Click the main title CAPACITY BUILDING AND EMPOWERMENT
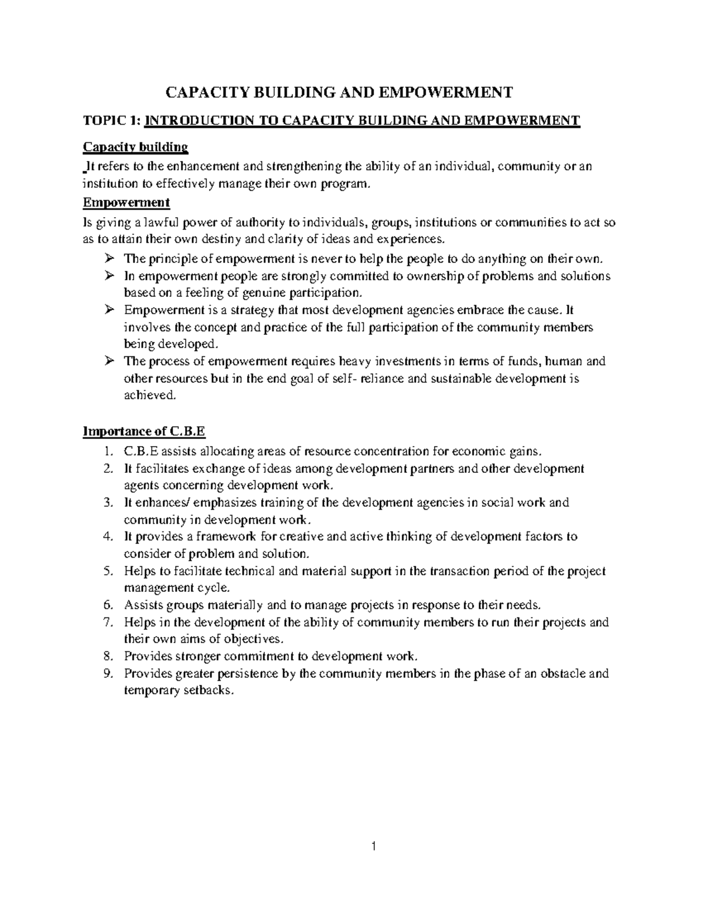tap(340, 92)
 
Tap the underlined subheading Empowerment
tap(127, 203)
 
